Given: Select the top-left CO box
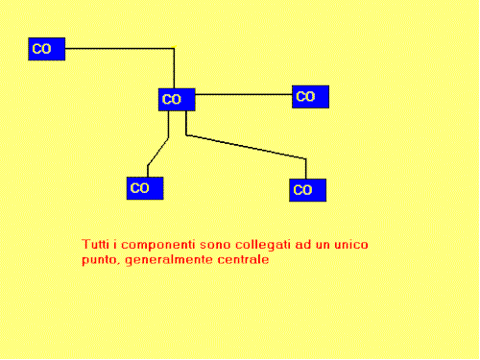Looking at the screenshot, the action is click(x=46, y=48).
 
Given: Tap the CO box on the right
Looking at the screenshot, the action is click(x=310, y=96).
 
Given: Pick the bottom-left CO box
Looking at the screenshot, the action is click(x=145, y=188).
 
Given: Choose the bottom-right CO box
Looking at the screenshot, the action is click(x=307, y=190).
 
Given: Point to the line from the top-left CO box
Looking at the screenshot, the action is click(x=115, y=48).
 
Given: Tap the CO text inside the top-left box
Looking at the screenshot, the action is click(x=42, y=48).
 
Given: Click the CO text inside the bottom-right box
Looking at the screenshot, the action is click(x=302, y=190).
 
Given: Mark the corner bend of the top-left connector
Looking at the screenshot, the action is click(x=173, y=48).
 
